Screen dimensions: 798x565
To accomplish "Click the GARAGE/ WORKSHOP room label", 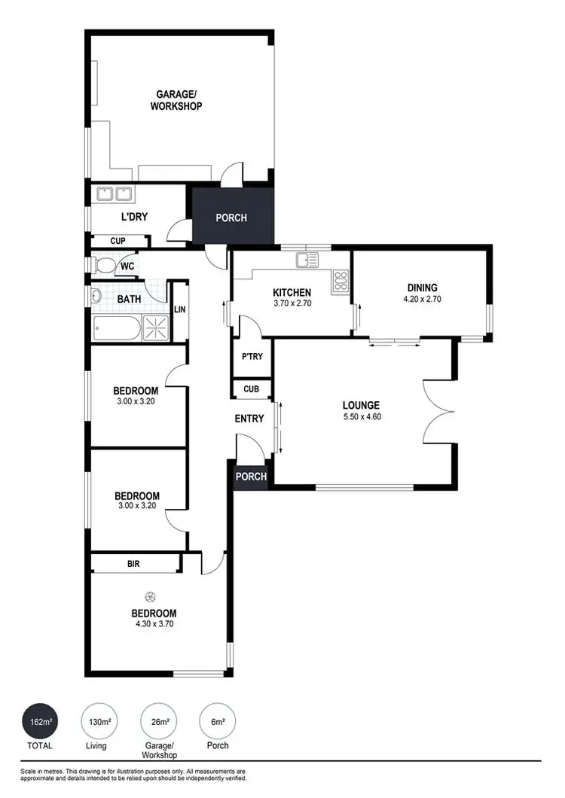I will click(179, 100).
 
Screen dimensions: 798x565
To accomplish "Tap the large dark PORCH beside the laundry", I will click(231, 218).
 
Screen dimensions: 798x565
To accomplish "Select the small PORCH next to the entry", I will click(251, 477).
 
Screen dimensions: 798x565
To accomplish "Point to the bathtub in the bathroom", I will click(117, 328).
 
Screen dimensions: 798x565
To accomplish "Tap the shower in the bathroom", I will click(157, 327).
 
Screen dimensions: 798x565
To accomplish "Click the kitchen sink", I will click(307, 261).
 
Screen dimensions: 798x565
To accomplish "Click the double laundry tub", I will click(114, 194).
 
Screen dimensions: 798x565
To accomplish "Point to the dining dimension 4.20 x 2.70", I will click(422, 298).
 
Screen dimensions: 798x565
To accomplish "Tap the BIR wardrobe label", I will click(134, 563).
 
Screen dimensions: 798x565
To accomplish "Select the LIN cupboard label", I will click(180, 309).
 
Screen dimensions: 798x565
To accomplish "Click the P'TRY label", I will click(251, 357).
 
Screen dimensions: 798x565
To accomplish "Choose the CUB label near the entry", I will click(251, 390).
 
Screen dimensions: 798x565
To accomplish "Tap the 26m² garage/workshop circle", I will click(160, 723).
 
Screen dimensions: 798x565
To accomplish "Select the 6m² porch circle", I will click(218, 723).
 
